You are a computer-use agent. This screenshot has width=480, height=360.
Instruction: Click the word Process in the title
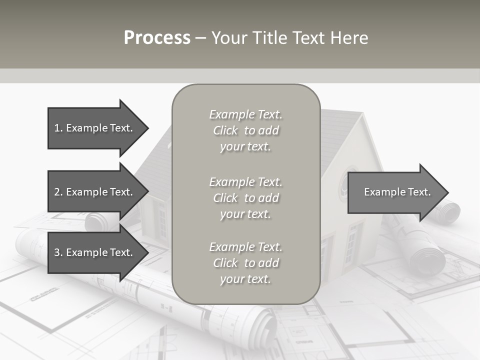[157, 38]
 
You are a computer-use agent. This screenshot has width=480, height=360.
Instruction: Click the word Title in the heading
[268, 38]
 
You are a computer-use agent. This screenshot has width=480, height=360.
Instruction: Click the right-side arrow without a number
[395, 192]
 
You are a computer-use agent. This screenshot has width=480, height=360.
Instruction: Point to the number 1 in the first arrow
[57, 128]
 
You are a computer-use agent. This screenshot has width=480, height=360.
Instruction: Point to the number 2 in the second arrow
[57, 192]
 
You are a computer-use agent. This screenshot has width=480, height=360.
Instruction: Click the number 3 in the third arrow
[57, 252]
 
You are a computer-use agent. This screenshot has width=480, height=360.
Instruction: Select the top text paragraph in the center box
[245, 130]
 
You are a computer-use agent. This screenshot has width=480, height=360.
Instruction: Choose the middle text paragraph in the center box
[245, 198]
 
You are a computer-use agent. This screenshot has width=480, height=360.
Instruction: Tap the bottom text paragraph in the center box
[245, 263]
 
